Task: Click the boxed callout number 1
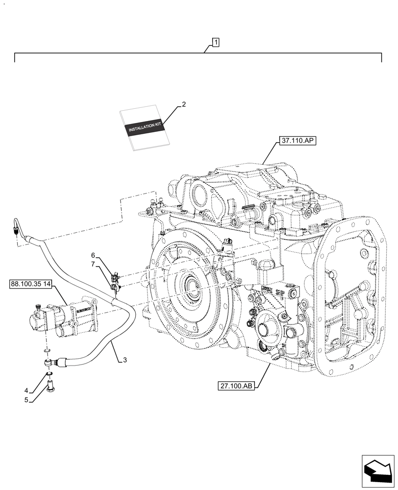pyautogui.click(x=215, y=43)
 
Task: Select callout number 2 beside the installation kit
pyautogui.click(x=183, y=104)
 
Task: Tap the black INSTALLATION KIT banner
pyautogui.click(x=145, y=128)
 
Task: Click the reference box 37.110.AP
pyautogui.click(x=298, y=141)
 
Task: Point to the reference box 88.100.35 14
pyautogui.click(x=33, y=284)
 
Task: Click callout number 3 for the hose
pyautogui.click(x=125, y=360)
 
